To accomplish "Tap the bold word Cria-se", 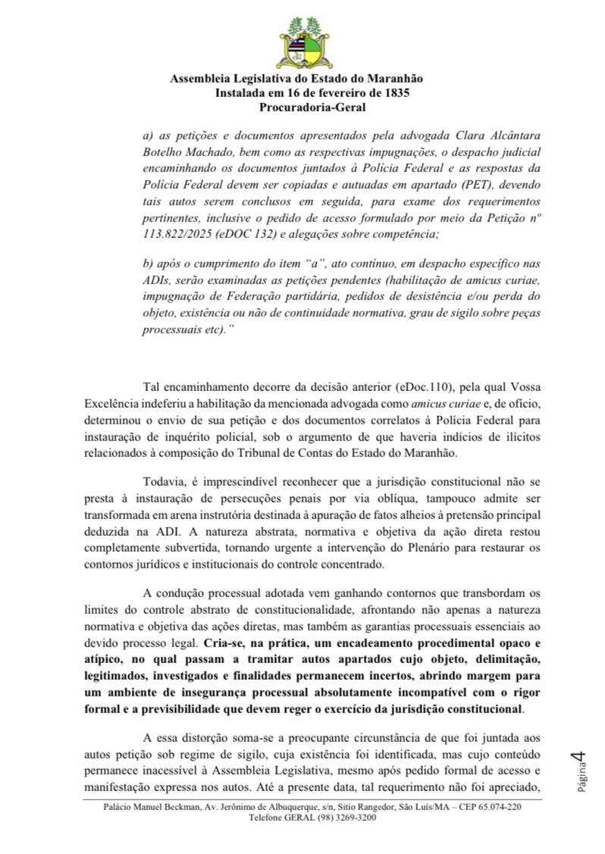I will click(222, 641).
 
